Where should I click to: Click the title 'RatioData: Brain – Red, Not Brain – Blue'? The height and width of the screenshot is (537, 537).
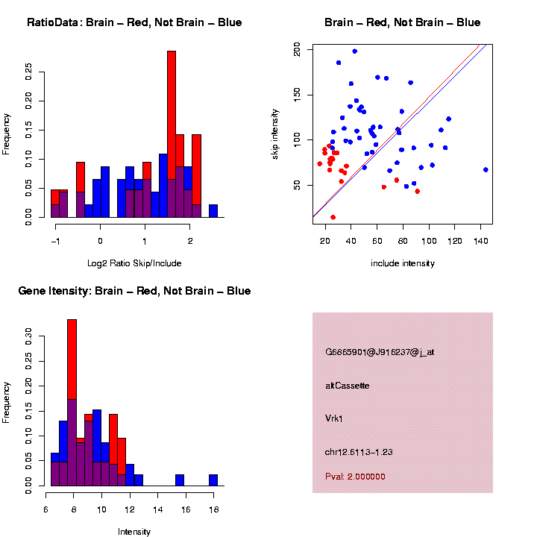(x=134, y=22)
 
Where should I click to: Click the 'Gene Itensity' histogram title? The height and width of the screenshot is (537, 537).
(x=134, y=291)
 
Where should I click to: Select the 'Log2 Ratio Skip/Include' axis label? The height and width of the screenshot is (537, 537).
(x=135, y=263)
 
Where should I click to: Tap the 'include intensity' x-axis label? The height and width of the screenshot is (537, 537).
(x=403, y=263)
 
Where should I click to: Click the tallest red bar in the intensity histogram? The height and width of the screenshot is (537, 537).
(x=72, y=358)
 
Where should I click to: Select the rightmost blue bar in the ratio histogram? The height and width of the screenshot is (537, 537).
(x=213, y=210)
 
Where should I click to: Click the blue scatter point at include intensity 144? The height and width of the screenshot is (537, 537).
(x=486, y=169)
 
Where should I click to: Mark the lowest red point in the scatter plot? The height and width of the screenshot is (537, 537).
(x=333, y=217)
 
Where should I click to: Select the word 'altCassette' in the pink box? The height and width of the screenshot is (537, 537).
(x=348, y=386)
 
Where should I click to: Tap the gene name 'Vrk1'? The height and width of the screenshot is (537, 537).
(x=336, y=418)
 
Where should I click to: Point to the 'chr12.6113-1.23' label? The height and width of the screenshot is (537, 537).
(x=359, y=452)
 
